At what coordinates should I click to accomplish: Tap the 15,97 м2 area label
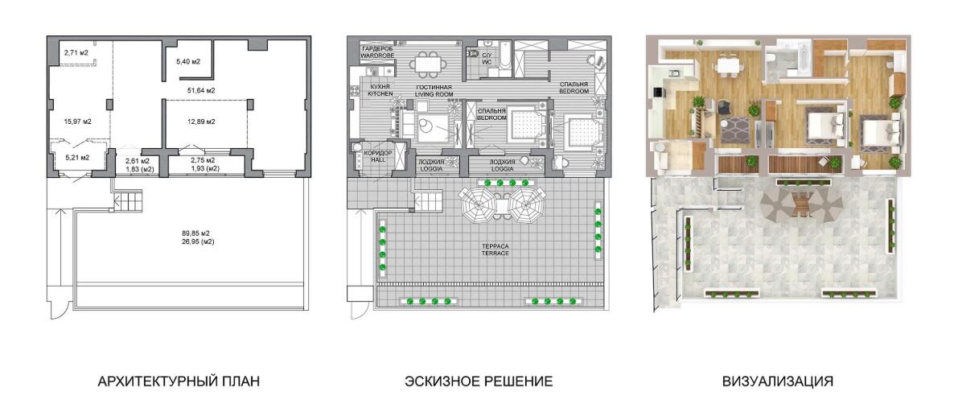click(x=78, y=122)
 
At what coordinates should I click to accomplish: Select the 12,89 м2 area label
click(x=201, y=122)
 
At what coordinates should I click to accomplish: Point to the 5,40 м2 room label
click(x=188, y=61)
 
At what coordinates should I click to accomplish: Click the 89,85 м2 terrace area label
click(x=196, y=233)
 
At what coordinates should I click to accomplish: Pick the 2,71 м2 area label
click(x=76, y=53)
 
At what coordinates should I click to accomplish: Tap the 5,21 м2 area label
click(x=77, y=157)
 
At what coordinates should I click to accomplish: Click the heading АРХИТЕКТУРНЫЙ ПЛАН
click(x=179, y=381)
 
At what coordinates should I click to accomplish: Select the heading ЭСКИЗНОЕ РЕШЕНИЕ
click(x=479, y=381)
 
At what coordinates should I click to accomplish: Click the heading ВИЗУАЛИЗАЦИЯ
click(x=778, y=381)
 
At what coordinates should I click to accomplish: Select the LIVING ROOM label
click(x=434, y=94)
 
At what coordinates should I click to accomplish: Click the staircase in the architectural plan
click(x=127, y=199)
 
